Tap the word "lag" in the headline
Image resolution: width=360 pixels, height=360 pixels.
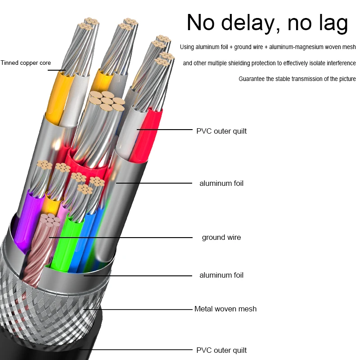331,23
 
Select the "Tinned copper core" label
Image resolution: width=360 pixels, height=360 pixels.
26,63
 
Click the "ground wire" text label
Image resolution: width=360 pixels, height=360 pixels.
221,237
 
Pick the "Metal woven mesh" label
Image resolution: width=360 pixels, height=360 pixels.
225,309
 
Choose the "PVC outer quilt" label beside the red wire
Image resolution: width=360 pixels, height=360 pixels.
221,131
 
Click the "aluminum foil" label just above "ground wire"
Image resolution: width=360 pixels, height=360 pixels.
221,183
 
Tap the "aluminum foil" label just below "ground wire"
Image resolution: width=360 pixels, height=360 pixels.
221,275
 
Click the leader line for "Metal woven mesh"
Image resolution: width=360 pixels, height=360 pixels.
139,310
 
